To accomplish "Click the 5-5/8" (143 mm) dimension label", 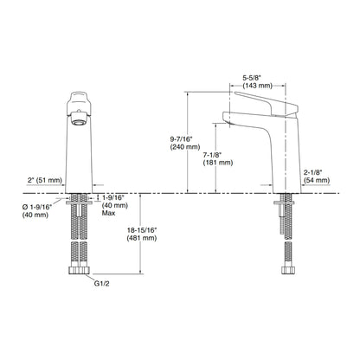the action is pyautogui.click(x=257, y=81).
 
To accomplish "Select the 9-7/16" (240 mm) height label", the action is pyautogui.click(x=185, y=143).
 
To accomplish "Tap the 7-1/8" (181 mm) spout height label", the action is pyautogui.click(x=218, y=158).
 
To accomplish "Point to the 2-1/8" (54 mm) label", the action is pyautogui.click(x=316, y=177).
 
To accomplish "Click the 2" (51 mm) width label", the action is pyautogui.click(x=45, y=180).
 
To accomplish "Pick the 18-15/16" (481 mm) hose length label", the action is pyautogui.click(x=142, y=234).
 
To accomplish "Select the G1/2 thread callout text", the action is pyautogui.click(x=102, y=284).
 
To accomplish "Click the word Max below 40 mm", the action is pyautogui.click(x=108, y=213).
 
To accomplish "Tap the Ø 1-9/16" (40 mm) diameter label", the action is pyautogui.click(x=37, y=211).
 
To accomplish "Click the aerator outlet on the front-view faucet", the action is pyautogui.click(x=79, y=119).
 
